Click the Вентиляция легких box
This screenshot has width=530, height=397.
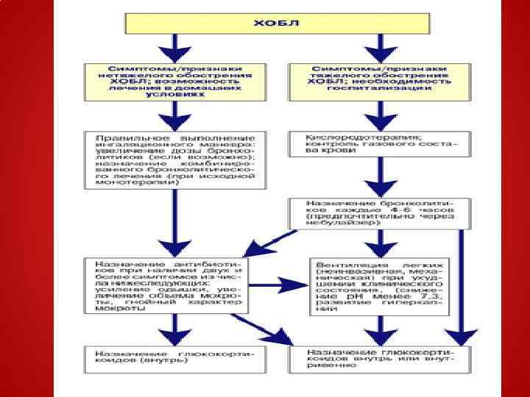(x=380, y=285)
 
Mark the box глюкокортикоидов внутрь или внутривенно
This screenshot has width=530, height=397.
(x=380, y=358)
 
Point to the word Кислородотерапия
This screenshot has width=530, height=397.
(x=344, y=137)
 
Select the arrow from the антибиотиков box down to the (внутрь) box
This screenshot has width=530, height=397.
(x=174, y=331)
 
